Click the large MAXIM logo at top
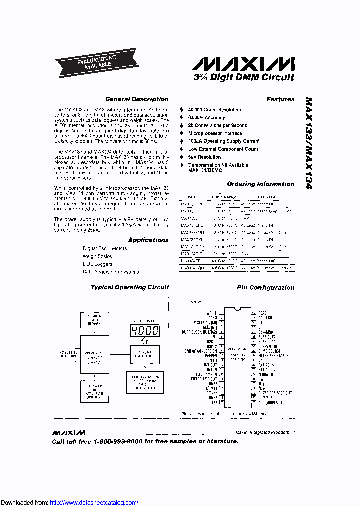click(243, 64)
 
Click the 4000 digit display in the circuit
click(144, 330)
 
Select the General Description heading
click(136, 99)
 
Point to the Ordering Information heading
click(260, 184)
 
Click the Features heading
click(280, 99)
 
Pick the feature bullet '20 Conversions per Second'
click(217, 125)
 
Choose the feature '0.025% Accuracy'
click(206, 117)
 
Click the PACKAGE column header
click(267, 197)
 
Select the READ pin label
click(262, 313)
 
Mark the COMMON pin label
click(268, 397)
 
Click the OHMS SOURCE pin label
click(269, 351)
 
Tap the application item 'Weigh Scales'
click(97, 256)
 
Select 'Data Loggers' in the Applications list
click(97, 264)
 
